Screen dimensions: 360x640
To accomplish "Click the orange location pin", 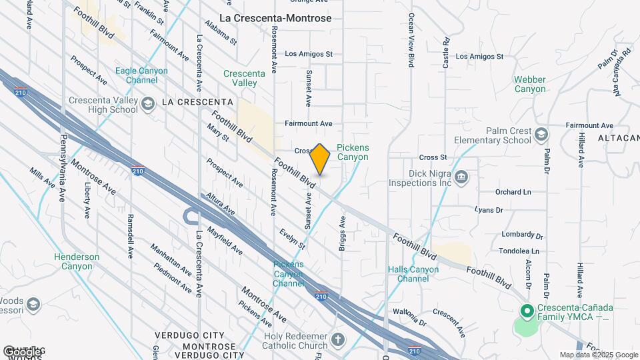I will coord(320,159).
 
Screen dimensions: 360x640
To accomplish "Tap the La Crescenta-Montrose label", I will coord(275,18).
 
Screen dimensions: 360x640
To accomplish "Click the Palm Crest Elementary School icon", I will coord(541,135).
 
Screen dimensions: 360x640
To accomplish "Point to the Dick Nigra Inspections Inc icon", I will coord(461,177).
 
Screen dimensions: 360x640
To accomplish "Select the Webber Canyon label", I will coord(530,84).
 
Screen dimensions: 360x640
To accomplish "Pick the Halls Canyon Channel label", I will coord(413,274).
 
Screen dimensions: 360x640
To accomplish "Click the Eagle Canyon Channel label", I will coord(137,75).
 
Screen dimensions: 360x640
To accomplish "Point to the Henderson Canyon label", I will coord(77,261).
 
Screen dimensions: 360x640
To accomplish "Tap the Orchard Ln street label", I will coord(513,192).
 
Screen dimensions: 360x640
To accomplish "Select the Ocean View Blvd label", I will coord(411,40).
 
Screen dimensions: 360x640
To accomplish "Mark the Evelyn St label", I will coord(293,237).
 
